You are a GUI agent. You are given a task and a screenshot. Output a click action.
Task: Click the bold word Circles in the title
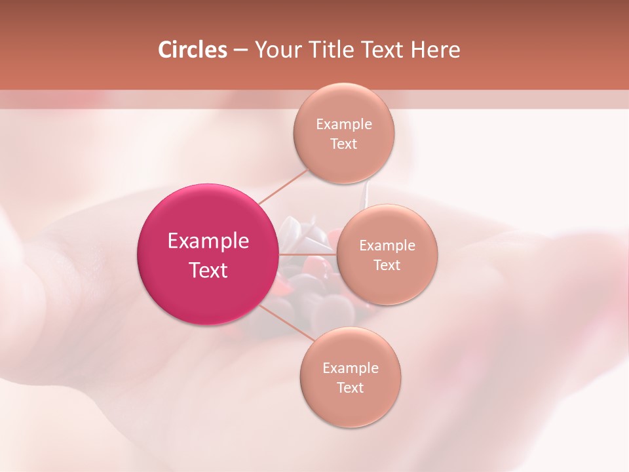pos(193,50)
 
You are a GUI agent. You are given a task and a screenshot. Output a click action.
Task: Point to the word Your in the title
pos(275,50)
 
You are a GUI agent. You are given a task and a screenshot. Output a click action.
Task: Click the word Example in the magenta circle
pos(208,241)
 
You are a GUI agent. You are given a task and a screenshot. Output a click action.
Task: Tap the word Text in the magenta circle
pos(208,270)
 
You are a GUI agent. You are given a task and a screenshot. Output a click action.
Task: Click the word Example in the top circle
pos(344,125)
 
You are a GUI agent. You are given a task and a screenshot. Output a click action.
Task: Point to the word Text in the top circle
pos(344,144)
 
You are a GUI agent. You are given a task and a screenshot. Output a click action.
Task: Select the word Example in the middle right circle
pos(387,246)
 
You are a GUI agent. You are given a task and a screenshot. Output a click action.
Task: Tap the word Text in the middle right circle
pos(387,265)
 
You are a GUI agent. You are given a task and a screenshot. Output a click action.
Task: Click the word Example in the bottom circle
pos(351,368)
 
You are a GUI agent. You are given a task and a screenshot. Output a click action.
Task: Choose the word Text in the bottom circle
pos(351,388)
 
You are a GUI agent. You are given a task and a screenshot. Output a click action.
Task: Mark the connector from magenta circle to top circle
pos(282,186)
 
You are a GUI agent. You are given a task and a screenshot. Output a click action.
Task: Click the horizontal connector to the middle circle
pos(307,254)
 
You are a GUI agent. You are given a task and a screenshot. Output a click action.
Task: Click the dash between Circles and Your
pos(240,50)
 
